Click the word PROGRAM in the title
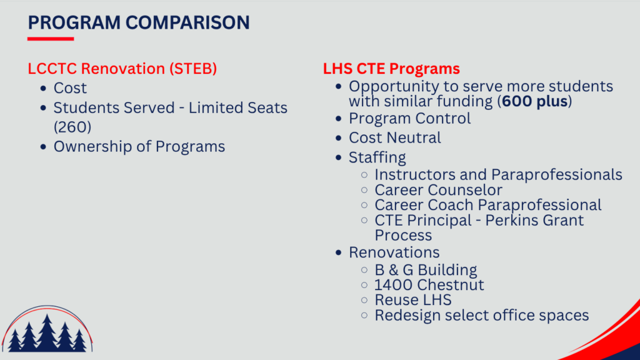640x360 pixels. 74,22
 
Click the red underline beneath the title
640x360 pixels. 51,39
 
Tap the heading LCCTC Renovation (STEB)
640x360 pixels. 122,69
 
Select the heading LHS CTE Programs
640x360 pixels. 391,69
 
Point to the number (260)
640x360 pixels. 72,127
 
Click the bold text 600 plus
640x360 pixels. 535,101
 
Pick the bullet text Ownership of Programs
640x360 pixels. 139,146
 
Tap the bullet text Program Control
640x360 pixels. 409,118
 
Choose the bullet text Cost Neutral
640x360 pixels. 395,138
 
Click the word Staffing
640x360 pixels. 377,157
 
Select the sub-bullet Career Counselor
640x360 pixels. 438,190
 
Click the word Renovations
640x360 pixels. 394,252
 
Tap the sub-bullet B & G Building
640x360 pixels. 426,270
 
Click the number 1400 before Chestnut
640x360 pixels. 394,285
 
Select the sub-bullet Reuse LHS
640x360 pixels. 413,300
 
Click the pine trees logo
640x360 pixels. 47,329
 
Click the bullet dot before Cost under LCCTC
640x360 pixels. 43,88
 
